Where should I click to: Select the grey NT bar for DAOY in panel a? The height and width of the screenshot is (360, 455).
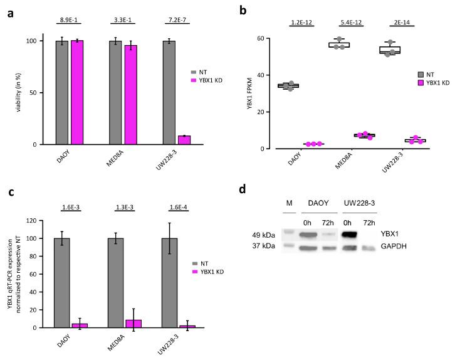62,93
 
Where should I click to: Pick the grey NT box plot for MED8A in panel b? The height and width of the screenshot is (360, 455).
340,45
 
